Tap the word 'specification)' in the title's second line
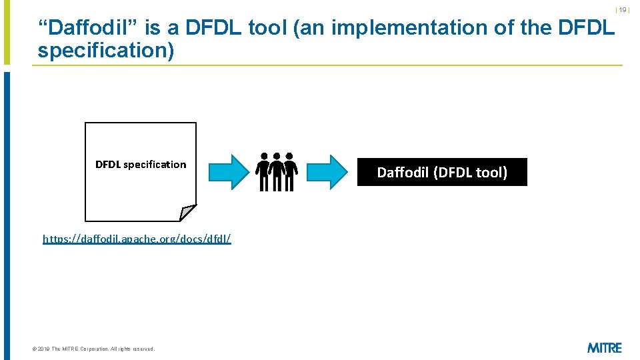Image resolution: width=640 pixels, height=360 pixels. click(105, 51)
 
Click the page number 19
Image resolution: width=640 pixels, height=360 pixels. click(623, 10)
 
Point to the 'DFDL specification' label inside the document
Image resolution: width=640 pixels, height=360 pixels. click(141, 165)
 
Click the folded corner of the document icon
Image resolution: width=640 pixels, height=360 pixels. click(188, 212)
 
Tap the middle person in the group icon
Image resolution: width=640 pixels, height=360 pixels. click(277, 171)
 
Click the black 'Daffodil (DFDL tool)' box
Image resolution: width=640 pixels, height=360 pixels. click(442, 172)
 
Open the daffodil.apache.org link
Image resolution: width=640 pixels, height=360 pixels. click(137, 238)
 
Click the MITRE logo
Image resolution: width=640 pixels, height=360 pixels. click(604, 347)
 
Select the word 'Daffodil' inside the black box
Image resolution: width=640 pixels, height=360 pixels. click(403, 173)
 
